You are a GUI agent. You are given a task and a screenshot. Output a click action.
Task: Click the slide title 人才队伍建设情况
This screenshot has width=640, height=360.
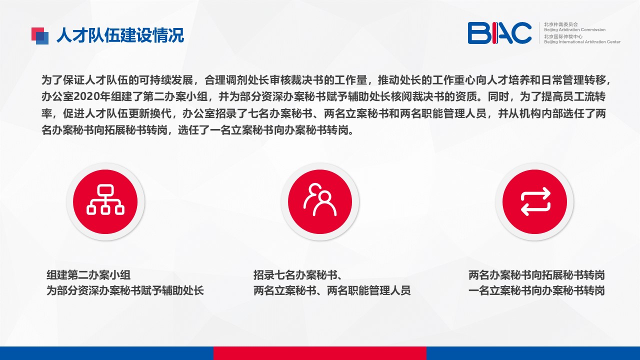pos(120,35)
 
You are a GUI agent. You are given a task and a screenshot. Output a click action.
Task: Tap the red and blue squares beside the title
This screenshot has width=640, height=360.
pos(40,35)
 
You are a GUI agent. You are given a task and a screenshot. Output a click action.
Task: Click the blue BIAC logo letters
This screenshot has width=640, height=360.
pos(499,33)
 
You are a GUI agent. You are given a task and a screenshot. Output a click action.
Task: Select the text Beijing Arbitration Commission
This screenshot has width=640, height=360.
pos(574,29)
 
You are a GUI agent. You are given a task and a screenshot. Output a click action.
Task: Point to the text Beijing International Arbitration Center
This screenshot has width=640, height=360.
pos(582,42)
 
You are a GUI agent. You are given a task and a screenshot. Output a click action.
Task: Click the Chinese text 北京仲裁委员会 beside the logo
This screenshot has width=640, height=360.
pos(561,24)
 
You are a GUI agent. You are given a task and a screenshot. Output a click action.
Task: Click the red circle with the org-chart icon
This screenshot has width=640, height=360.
pos(105,201)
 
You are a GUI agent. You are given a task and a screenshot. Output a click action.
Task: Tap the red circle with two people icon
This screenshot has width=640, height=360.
pos(320,201)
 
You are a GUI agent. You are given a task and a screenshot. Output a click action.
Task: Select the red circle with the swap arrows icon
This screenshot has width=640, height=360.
pos(534,201)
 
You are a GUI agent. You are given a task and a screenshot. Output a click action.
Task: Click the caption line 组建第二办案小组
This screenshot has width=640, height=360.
pos(88,275)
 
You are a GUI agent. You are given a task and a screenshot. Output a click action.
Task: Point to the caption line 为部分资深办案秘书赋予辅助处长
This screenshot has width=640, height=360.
pos(125,290)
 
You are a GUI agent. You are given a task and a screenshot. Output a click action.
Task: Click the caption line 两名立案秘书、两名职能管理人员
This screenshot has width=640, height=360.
pos(332,290)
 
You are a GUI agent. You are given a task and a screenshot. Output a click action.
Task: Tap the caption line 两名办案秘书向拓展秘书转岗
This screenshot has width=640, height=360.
pos(536,275)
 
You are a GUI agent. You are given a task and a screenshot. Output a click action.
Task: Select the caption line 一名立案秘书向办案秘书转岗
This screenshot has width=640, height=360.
pos(536,290)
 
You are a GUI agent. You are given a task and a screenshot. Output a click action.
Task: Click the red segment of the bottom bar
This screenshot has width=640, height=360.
pos(320,353)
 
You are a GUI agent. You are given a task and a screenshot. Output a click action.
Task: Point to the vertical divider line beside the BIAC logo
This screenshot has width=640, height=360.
pos(539,33)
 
